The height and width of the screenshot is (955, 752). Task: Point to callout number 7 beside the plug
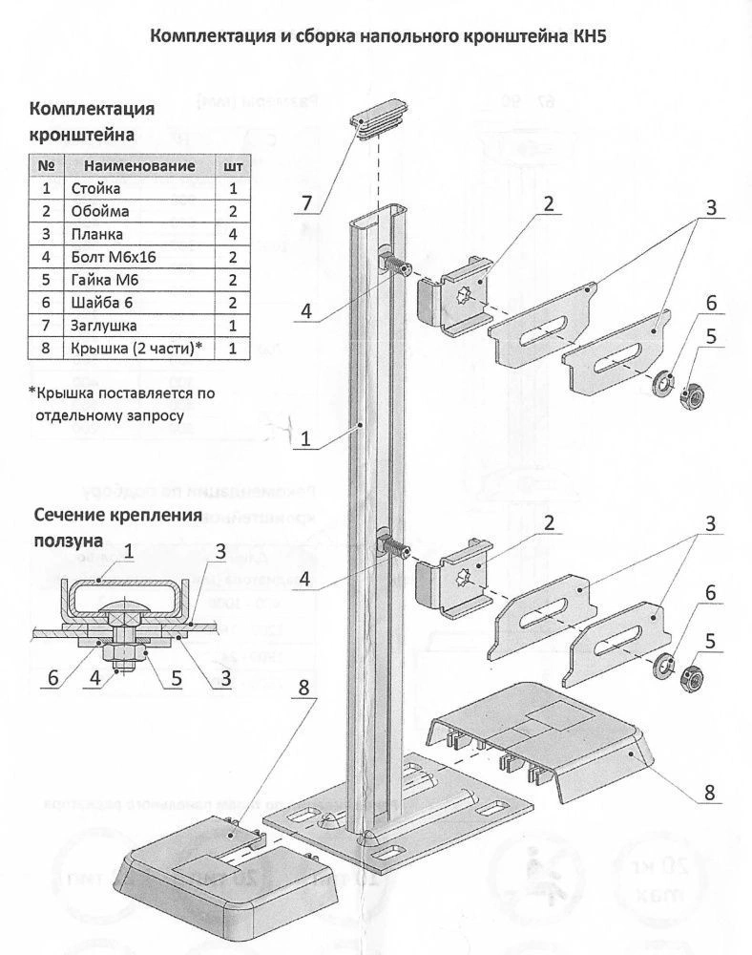click(307, 202)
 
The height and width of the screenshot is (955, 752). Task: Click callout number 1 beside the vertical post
click(305, 440)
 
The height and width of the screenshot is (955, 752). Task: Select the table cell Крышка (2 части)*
click(133, 349)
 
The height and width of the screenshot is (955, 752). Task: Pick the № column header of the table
click(46, 165)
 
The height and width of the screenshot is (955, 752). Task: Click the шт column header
click(232, 165)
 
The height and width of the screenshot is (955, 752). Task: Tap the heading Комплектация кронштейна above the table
click(93, 120)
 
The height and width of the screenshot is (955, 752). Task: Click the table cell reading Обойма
click(99, 211)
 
